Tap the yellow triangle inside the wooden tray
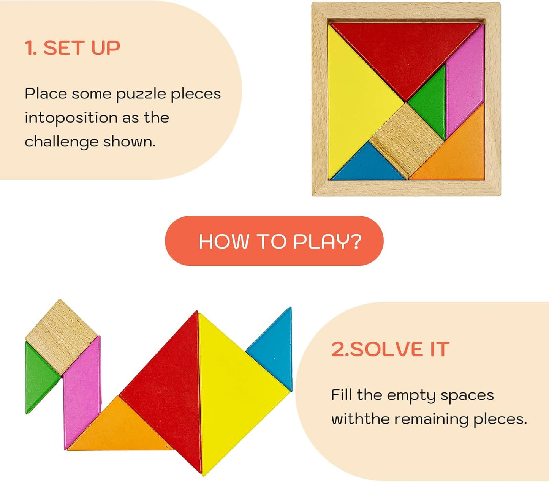(355, 102)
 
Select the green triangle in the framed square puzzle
(431, 101)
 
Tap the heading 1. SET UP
(72, 48)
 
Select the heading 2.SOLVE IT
(390, 349)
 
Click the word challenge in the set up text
(61, 142)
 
